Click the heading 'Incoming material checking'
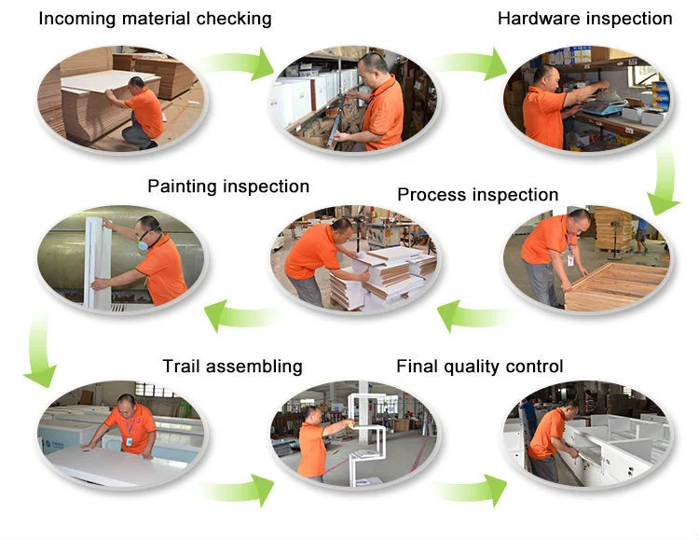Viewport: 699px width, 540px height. pos(155,19)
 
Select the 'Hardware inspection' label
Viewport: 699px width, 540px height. pos(584,19)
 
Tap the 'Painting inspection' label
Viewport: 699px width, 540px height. pos(227,187)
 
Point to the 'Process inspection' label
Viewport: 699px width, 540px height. pos(477,195)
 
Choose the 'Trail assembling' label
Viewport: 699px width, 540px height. pos(232,367)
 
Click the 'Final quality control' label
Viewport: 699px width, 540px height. pos(479,367)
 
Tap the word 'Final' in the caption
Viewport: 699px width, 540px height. pos(418,367)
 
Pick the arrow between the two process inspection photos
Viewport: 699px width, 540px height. pos(471,314)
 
